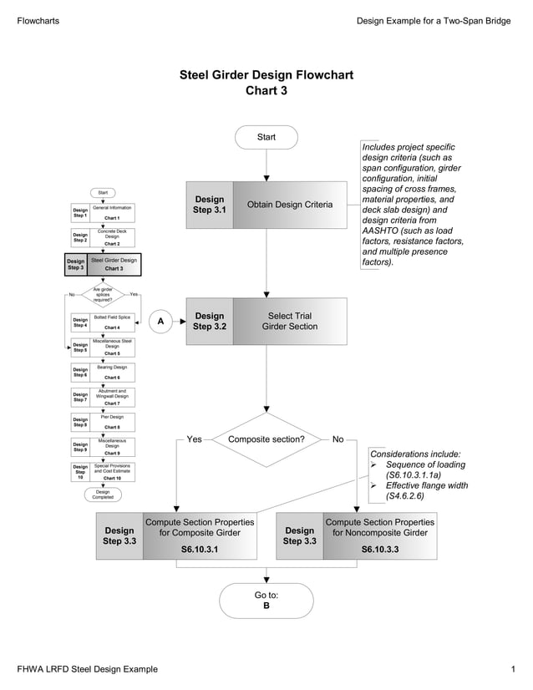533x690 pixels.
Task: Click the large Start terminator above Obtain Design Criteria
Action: pos(266,137)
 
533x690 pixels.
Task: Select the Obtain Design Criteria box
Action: pos(289,205)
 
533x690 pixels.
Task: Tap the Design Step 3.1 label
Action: pos(209,205)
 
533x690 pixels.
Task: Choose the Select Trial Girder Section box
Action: pos(289,322)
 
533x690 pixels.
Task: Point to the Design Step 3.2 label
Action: pos(209,322)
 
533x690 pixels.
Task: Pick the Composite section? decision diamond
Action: pos(266,439)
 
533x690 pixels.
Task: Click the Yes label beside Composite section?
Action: pos(194,439)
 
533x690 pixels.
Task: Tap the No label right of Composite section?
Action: pos(338,439)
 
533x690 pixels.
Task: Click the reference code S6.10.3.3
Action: pos(380,550)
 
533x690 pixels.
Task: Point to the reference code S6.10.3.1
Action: pos(200,550)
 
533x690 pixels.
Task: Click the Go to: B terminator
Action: pos(266,600)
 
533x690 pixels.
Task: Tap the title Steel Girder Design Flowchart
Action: pos(266,75)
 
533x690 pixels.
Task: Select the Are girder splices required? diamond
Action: pos(103,294)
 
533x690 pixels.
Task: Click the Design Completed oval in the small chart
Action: pos(103,495)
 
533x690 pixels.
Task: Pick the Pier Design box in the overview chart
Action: pos(112,421)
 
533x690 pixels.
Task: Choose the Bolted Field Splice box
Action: pos(112,322)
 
